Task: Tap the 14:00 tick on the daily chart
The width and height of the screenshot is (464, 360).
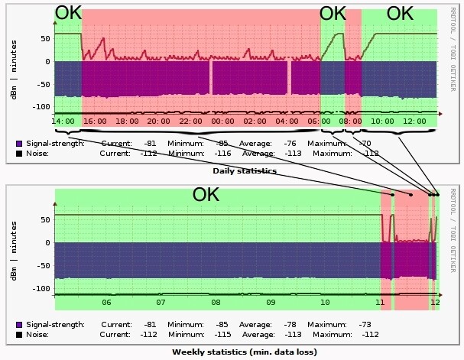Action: point(63,121)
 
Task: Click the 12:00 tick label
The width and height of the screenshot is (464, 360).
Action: point(413,121)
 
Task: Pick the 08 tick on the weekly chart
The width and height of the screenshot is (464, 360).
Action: point(216,302)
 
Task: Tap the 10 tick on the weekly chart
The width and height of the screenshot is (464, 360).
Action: point(325,302)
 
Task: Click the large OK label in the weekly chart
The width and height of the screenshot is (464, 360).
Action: point(206,195)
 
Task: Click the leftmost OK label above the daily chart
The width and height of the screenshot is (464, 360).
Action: point(67,13)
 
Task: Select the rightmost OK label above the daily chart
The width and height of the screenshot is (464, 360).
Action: point(399,13)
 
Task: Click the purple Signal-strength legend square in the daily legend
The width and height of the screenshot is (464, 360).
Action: point(18,143)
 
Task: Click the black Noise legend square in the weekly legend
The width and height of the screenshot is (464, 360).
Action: point(18,334)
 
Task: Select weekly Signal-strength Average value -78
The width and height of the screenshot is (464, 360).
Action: point(274,324)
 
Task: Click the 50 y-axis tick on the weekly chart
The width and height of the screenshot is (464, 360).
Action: point(45,219)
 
